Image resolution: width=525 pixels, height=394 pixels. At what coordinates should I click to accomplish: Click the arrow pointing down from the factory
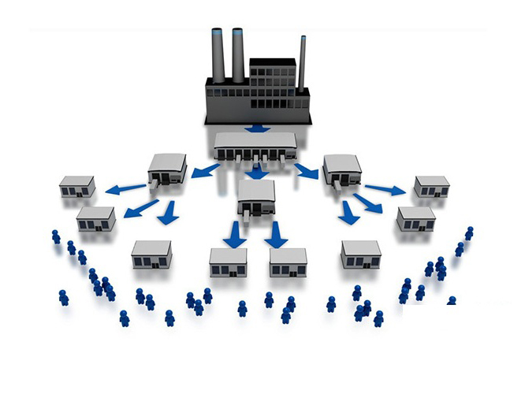(x=256, y=127)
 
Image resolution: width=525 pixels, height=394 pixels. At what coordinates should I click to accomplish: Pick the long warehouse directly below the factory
(x=256, y=145)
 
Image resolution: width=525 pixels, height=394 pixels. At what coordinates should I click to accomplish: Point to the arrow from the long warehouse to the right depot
(x=305, y=169)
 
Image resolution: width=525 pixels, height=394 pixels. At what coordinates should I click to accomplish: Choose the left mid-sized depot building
(x=167, y=169)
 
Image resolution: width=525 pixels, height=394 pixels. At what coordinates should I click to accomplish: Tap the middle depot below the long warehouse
(x=256, y=197)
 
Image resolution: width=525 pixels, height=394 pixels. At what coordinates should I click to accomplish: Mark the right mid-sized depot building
(x=342, y=169)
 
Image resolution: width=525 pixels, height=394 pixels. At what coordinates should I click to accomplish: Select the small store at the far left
(x=77, y=187)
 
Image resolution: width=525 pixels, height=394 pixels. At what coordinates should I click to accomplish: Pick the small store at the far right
(x=431, y=187)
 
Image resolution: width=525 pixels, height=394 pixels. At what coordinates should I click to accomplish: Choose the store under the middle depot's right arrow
(x=288, y=262)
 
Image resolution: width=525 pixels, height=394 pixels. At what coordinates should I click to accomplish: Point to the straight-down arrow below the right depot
(x=348, y=213)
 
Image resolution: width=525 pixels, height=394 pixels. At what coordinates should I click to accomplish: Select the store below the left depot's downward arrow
(x=151, y=254)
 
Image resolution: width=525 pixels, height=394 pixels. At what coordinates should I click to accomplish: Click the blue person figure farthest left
(x=56, y=236)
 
